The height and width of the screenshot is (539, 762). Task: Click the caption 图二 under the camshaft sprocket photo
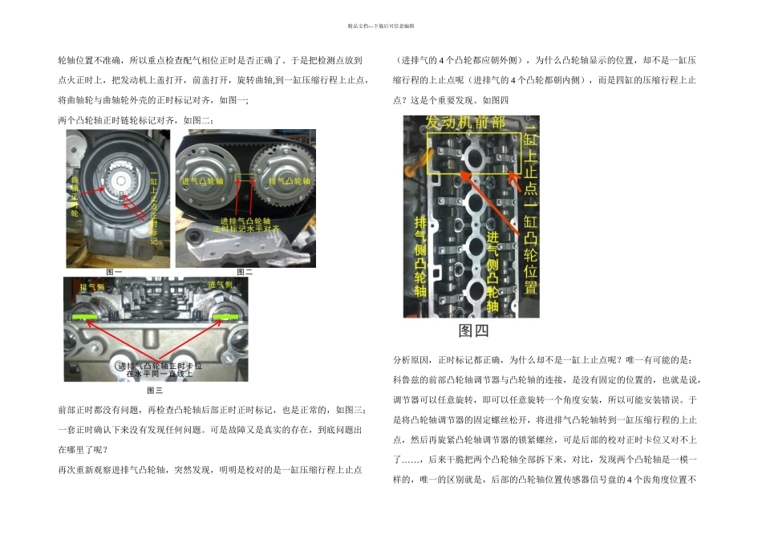(244, 273)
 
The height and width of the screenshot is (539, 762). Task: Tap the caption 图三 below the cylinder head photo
(155, 391)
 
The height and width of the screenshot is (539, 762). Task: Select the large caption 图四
(473, 330)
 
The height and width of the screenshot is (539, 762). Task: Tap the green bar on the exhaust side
(83, 318)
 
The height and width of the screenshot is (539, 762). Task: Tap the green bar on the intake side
(226, 318)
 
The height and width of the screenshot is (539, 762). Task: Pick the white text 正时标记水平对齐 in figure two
(245, 228)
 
